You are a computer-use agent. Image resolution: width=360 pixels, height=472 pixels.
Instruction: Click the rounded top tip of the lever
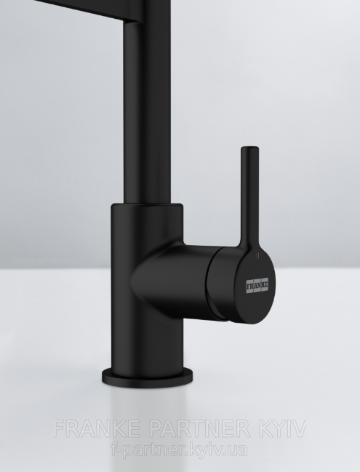249,148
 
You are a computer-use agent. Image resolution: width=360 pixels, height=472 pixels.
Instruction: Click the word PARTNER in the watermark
199,428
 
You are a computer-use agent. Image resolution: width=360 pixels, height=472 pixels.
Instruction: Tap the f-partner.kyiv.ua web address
180,450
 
